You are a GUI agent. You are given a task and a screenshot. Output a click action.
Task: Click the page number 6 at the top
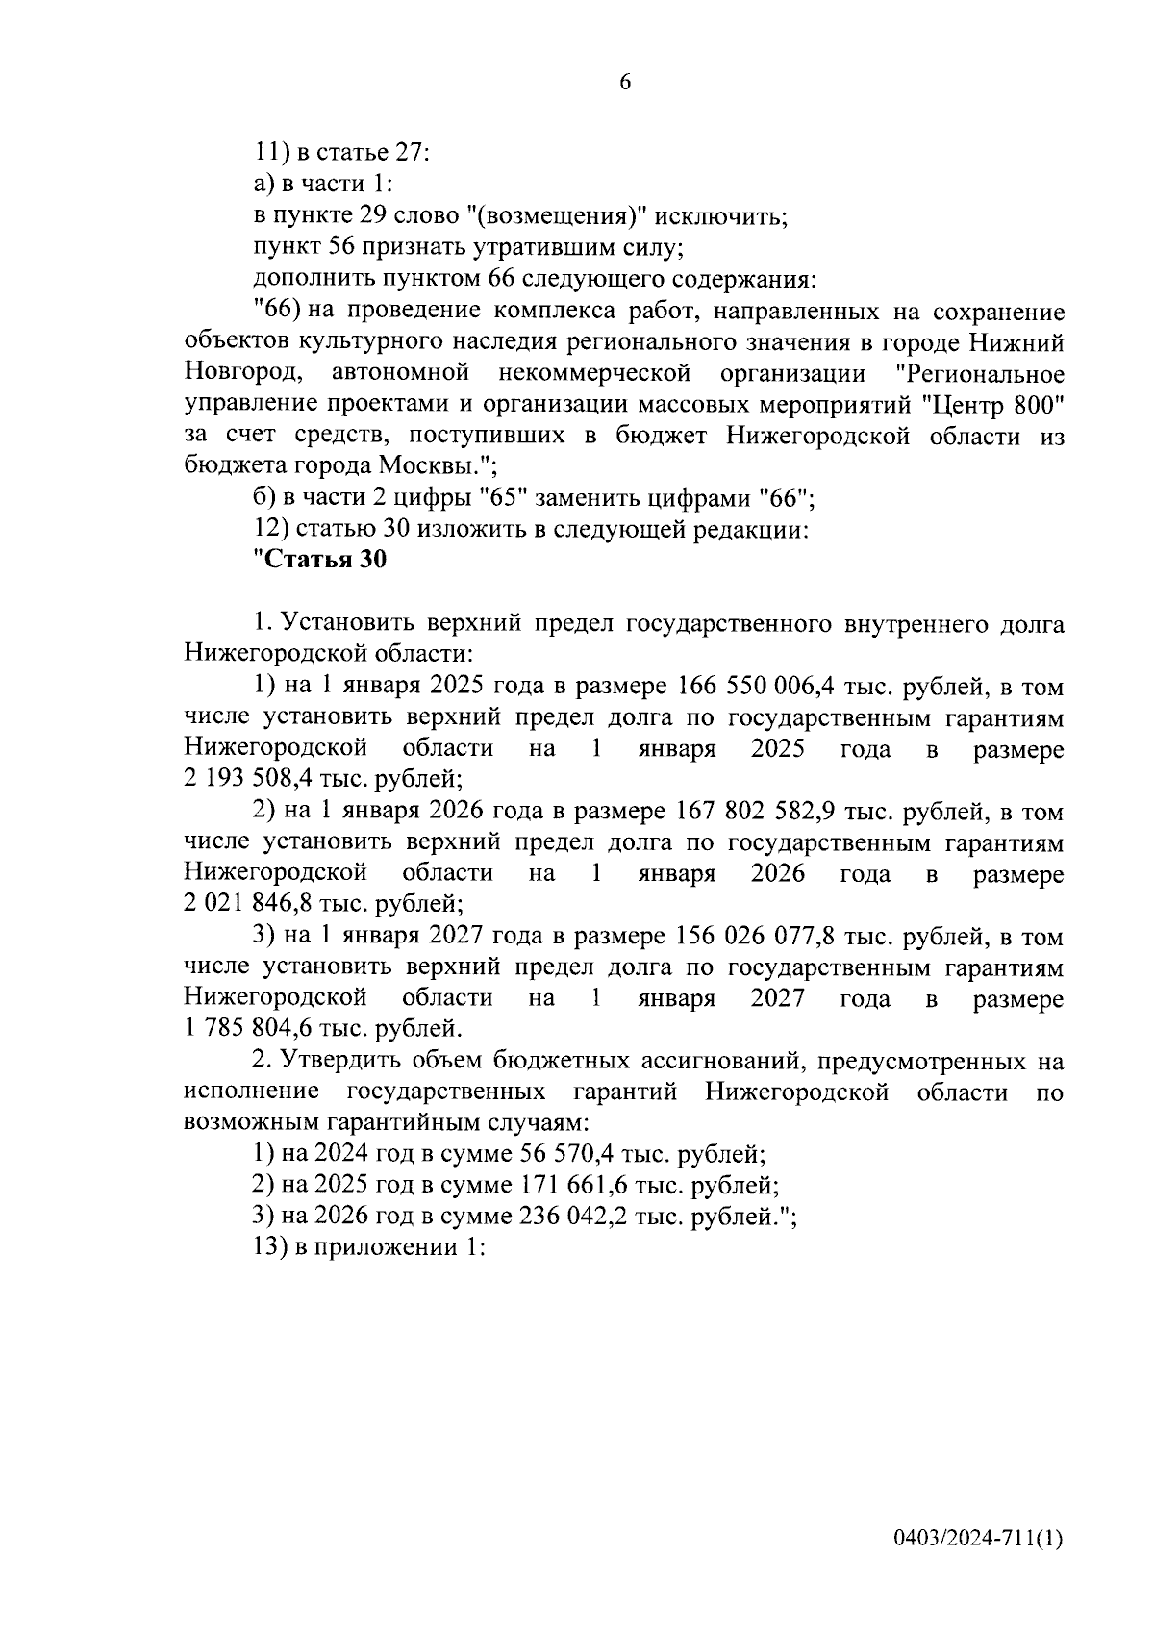624,84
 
